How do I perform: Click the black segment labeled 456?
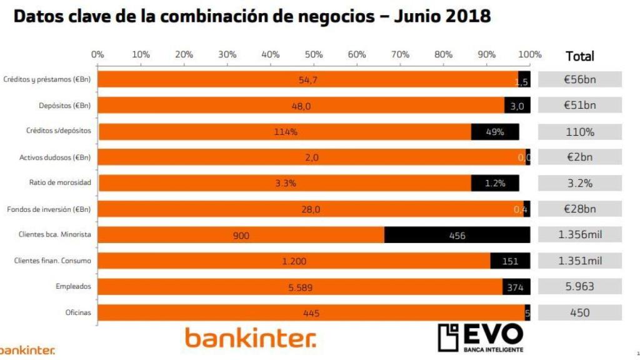457,235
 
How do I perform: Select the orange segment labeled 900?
241,235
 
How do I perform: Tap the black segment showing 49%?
494,132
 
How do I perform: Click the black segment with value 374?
516,287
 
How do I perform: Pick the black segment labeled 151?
510,261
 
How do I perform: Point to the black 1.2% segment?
494,183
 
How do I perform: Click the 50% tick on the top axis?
314,54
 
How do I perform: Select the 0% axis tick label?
97,54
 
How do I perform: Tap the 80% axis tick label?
443,54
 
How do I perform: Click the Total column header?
579,56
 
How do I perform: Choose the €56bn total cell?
579,79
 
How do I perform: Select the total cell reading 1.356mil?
579,235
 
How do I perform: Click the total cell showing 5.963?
579,287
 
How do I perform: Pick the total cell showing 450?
579,312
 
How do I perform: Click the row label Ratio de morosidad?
60,183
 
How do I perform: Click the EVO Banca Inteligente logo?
480,337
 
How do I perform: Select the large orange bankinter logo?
250,338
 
